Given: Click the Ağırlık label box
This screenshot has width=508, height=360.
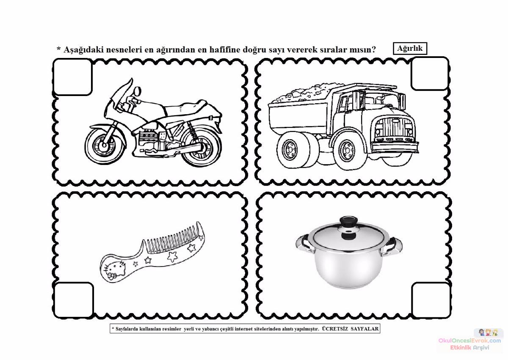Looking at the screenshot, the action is pyautogui.click(x=410, y=49).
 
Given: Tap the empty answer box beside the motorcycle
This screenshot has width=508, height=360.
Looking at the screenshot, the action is pyautogui.click(x=72, y=77).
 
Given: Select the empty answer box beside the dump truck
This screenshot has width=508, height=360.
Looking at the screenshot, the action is pyautogui.click(x=430, y=74).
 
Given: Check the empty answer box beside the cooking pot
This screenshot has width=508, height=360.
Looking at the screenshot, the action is pyautogui.click(x=431, y=300).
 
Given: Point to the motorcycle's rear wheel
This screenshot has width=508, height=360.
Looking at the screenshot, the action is pyautogui.click(x=201, y=147).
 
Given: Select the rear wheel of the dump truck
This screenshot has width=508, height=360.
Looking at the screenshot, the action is pyautogui.click(x=293, y=150).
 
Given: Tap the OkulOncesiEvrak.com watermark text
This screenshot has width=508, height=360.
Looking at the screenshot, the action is pyautogui.click(x=469, y=341).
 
